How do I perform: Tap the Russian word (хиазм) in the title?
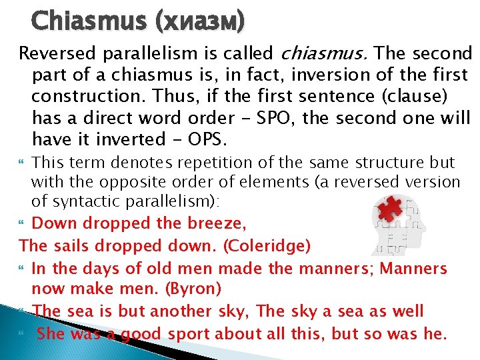(201, 22)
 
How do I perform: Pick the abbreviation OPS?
(207, 140)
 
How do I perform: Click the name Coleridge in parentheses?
(267, 247)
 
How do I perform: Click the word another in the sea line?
(185, 311)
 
